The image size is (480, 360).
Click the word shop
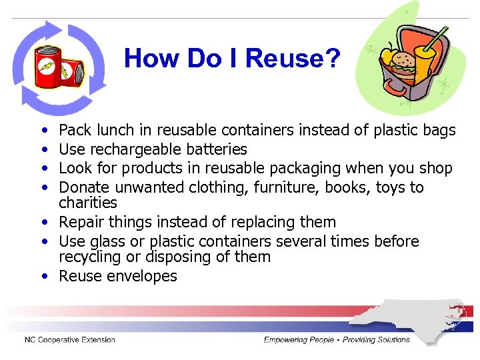coord(437,169)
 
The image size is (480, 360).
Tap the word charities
coord(88,203)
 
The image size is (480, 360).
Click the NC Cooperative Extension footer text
coord(70,340)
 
